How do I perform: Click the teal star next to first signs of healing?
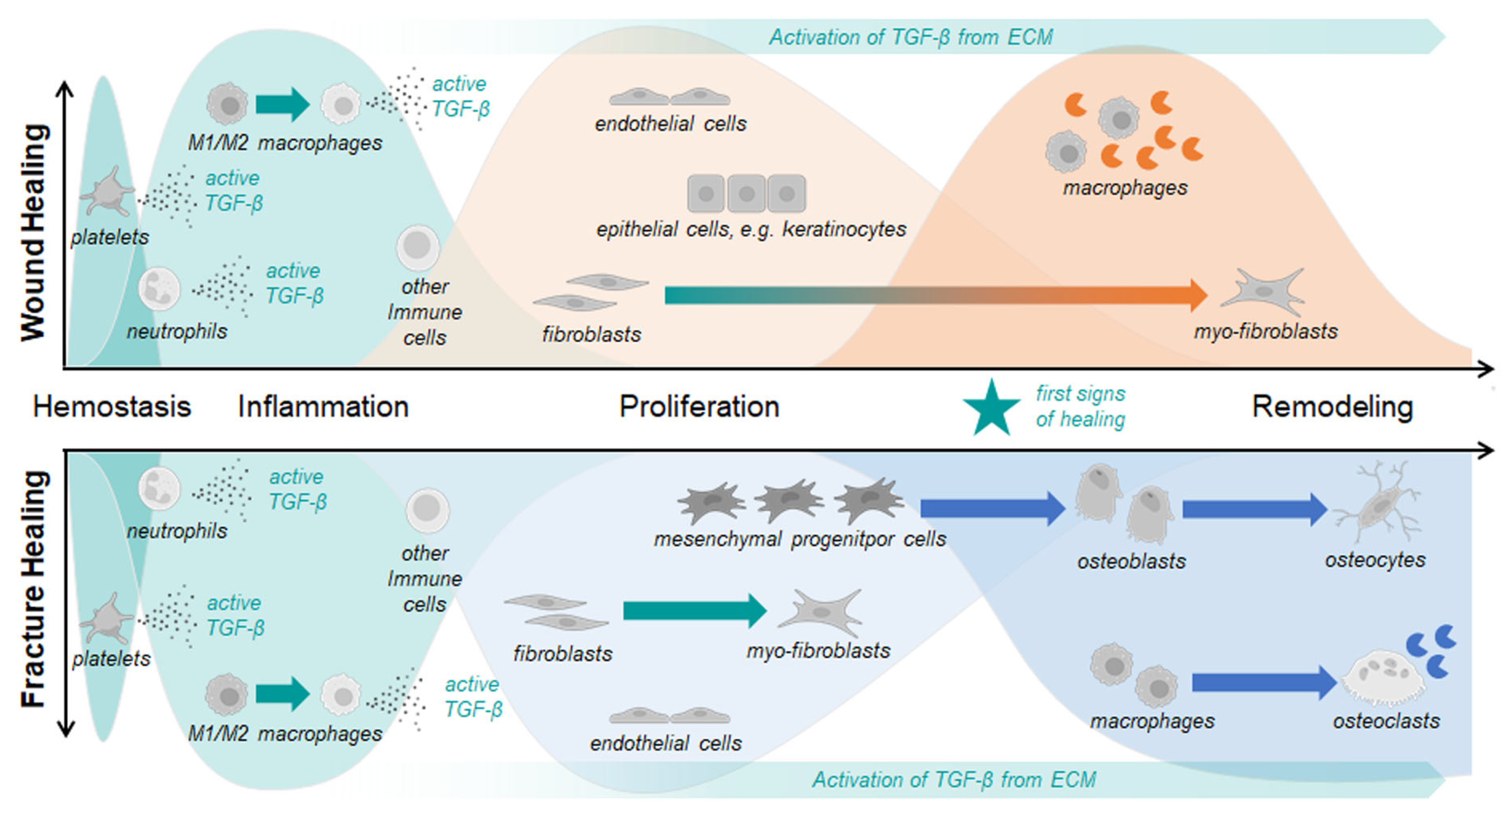click(991, 409)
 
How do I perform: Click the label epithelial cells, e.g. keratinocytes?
click(751, 229)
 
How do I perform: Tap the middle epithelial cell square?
click(746, 193)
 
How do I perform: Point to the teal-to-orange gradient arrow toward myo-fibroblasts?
click(935, 295)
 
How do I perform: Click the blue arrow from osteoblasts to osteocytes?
click(1254, 509)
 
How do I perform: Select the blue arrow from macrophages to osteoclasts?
click(1263, 682)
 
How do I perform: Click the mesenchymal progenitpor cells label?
click(800, 539)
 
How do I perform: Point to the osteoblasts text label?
click(1132, 561)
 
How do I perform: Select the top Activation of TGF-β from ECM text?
click(911, 38)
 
